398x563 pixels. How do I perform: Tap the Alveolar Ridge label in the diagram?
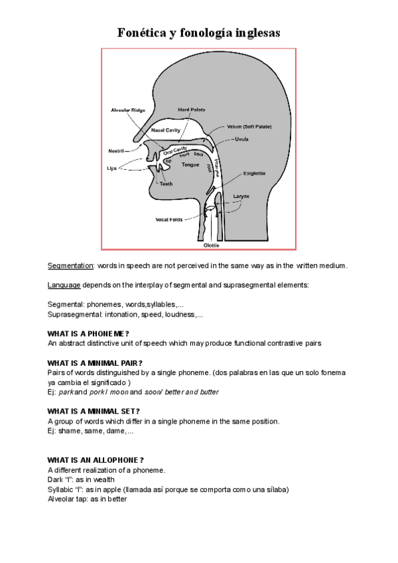(127, 110)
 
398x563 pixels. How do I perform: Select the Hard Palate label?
(192, 109)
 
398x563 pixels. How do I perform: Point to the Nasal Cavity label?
(166, 130)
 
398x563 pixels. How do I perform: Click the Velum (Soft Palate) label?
(249, 126)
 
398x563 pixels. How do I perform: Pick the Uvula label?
(241, 139)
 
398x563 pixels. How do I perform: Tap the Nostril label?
(116, 151)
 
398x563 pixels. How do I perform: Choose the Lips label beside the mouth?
(112, 169)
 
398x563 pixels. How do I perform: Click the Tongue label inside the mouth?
(190, 164)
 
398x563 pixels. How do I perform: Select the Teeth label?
(166, 184)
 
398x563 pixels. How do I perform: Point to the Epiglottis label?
(254, 173)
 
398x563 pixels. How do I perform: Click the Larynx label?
(241, 197)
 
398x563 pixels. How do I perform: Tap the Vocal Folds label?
(169, 219)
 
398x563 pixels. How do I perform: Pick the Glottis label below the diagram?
(212, 244)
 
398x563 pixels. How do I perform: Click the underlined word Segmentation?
(71, 266)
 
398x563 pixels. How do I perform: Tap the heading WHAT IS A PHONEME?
(88, 333)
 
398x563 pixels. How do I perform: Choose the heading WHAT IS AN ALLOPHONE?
(96, 459)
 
